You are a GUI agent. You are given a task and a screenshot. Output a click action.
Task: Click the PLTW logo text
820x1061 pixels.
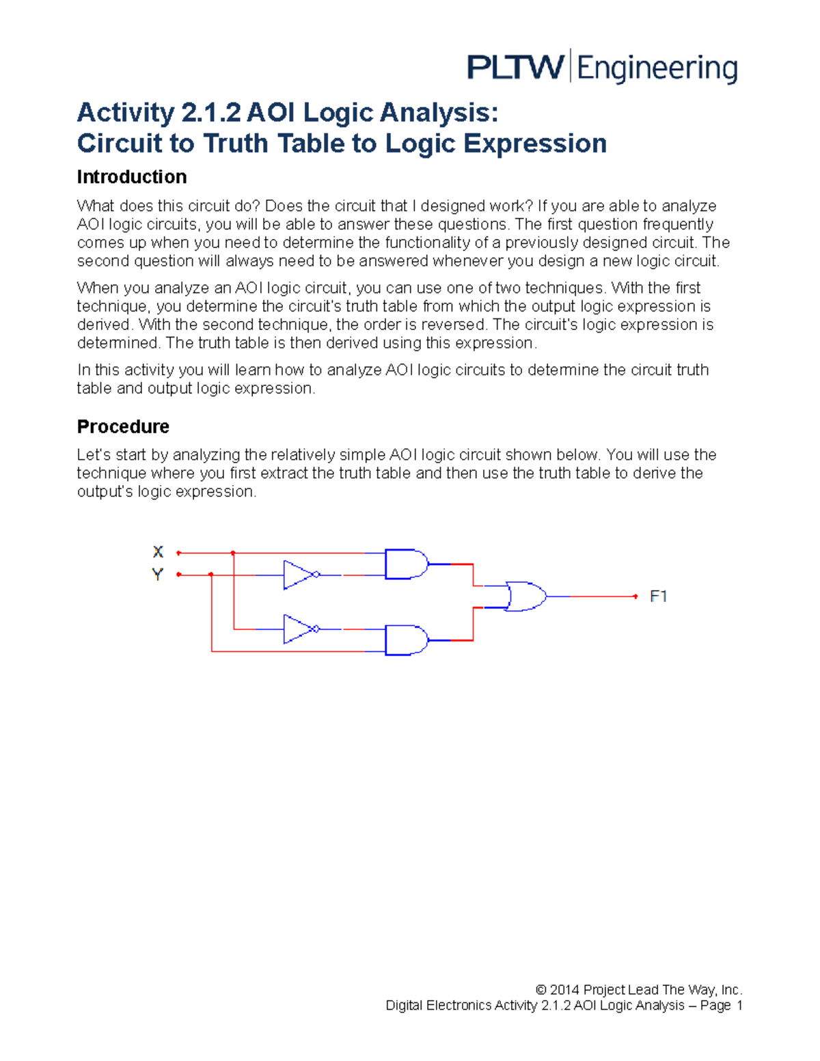coord(516,68)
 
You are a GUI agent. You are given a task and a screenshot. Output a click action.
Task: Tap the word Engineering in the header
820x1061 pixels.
coord(657,69)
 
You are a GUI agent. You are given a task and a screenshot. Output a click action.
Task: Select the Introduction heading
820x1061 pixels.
coord(132,177)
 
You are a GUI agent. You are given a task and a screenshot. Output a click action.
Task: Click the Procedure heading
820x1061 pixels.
coord(123,426)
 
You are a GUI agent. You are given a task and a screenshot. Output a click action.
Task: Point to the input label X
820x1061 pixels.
coord(158,552)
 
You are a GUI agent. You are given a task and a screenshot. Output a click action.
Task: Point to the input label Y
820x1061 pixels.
coord(158,575)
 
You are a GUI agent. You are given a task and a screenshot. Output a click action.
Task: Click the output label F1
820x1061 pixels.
coord(658,596)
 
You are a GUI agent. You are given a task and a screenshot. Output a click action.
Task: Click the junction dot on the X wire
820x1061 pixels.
coord(233,553)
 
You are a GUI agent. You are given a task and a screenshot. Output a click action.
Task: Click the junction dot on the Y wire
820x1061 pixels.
coord(211,575)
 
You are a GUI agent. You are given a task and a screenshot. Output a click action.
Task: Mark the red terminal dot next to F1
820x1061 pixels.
coord(635,596)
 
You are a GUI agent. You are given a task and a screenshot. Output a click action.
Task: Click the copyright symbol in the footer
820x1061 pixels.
coord(541,990)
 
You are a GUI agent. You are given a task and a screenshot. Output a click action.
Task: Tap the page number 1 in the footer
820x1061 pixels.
coord(739,1006)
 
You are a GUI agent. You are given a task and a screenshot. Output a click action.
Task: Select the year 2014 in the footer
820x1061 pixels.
coord(564,990)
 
